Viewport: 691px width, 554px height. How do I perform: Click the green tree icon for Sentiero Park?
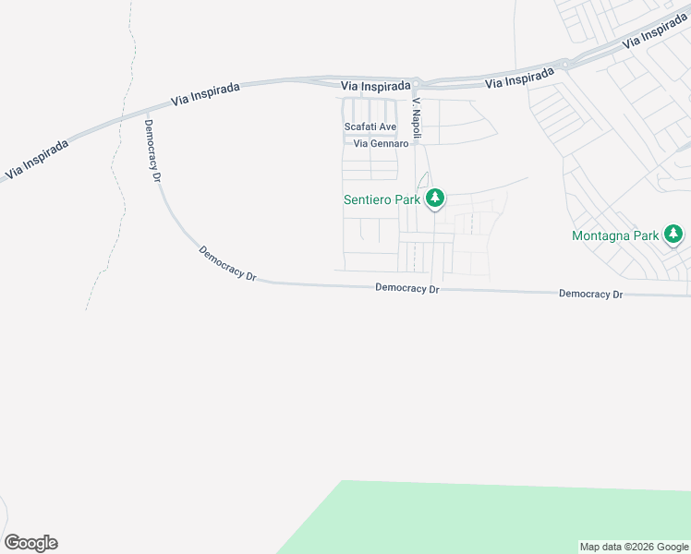pyautogui.click(x=435, y=199)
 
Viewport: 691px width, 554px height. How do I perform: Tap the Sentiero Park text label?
pyautogui.click(x=382, y=199)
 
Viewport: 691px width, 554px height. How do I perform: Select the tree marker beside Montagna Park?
pyautogui.click(x=674, y=235)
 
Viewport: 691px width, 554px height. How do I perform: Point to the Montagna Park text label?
pyautogui.click(x=615, y=235)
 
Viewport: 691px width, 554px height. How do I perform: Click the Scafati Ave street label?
pyautogui.click(x=370, y=126)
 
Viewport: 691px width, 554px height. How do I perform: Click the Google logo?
pyautogui.click(x=30, y=543)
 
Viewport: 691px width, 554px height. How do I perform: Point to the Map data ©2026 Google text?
pyautogui.click(x=634, y=547)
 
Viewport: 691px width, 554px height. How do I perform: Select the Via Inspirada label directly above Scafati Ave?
pyautogui.click(x=375, y=86)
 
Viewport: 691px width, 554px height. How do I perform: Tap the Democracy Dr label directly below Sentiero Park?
pyautogui.click(x=407, y=289)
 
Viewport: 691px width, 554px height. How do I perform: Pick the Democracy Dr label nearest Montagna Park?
pyautogui.click(x=591, y=294)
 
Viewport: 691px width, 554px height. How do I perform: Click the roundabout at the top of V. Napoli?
pyautogui.click(x=418, y=83)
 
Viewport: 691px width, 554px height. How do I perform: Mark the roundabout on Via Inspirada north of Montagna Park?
pyautogui.click(x=564, y=64)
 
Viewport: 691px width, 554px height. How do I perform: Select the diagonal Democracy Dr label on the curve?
pyautogui.click(x=226, y=263)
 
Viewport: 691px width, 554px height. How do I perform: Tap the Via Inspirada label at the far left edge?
pyautogui.click(x=36, y=159)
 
